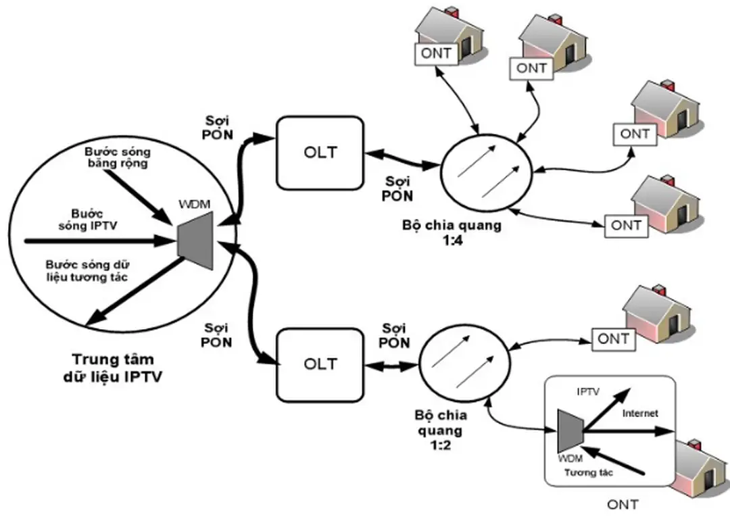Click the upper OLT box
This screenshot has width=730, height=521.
[x=320, y=153]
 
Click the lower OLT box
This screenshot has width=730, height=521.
[x=320, y=364]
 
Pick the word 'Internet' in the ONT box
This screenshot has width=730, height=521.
[x=639, y=413]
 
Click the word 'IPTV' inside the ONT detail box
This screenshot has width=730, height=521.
[x=588, y=391]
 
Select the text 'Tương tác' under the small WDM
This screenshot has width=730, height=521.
[x=590, y=472]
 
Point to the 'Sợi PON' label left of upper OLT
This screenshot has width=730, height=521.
[x=218, y=126]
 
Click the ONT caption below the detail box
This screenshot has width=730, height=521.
[x=623, y=503]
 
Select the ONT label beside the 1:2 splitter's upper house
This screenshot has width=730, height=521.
[x=613, y=339]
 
